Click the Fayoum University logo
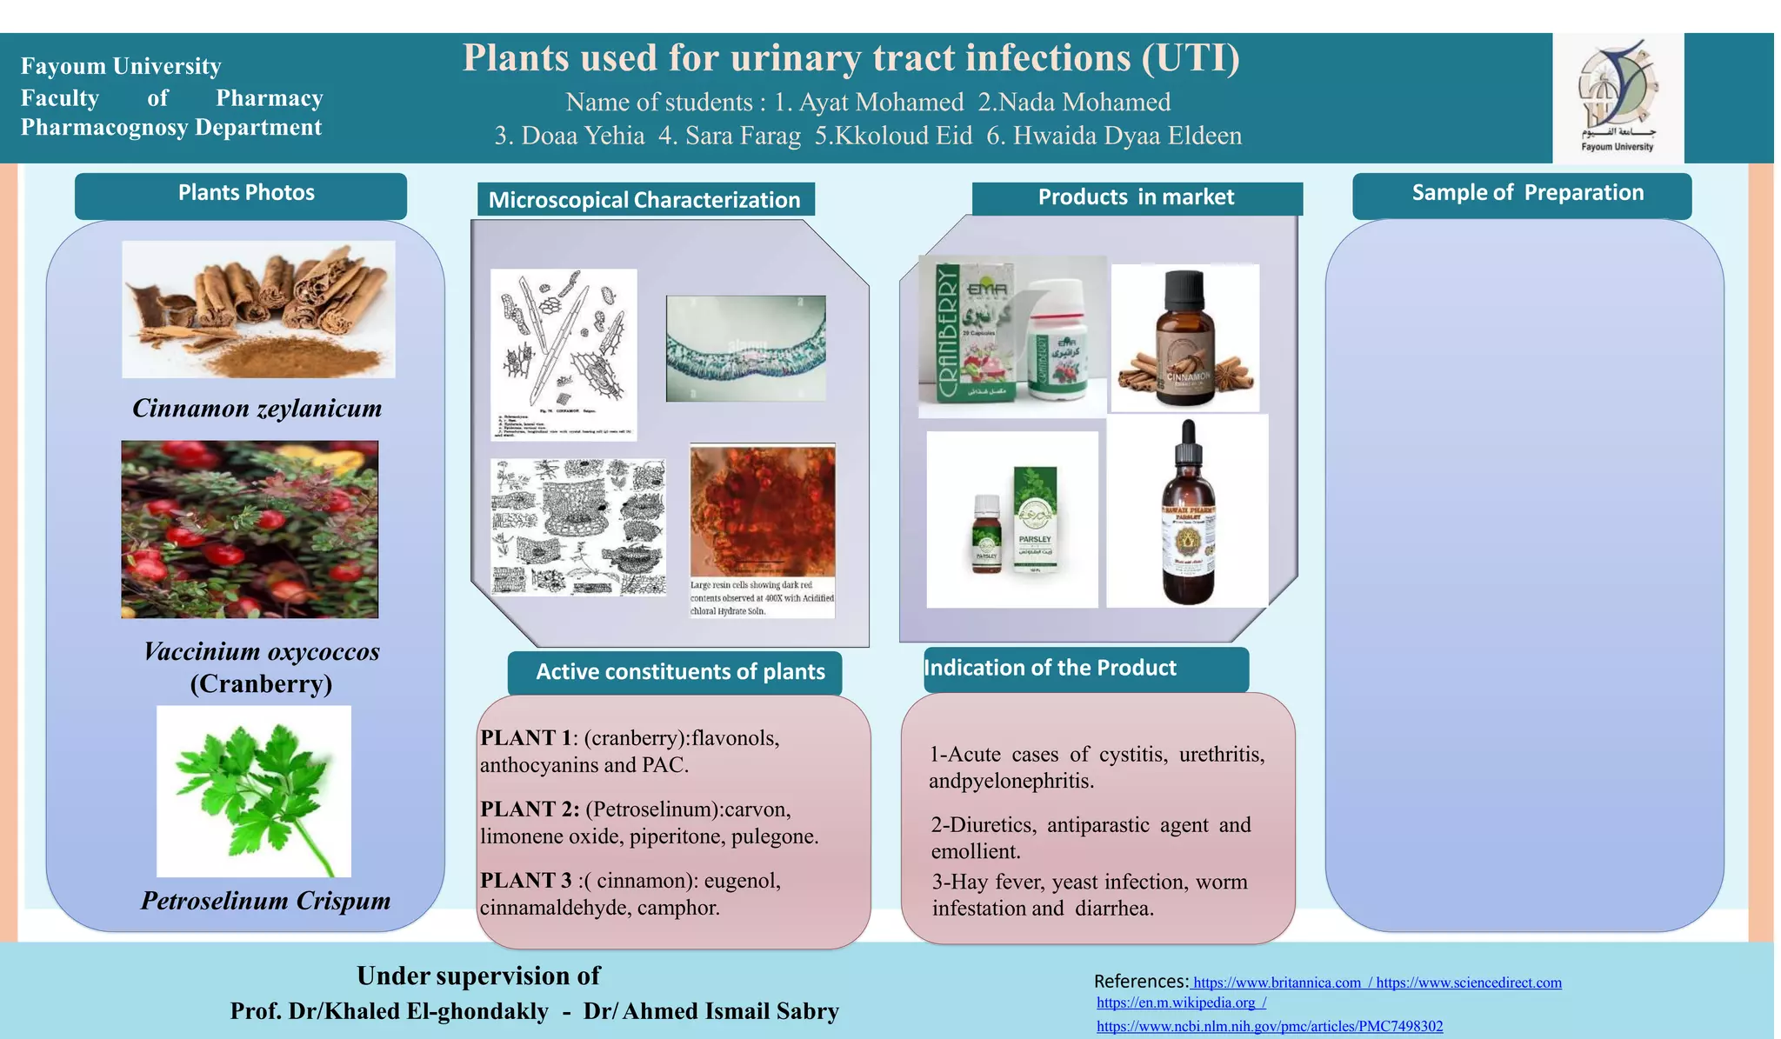(1618, 97)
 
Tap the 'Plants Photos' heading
(246, 193)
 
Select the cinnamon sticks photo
(258, 309)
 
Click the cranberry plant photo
(250, 529)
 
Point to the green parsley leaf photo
(253, 790)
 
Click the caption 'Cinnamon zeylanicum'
(257, 408)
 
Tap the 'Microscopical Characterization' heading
(644, 200)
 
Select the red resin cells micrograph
(762, 510)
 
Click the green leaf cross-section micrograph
(745, 349)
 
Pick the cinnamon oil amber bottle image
(1184, 338)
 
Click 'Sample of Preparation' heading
(1527, 193)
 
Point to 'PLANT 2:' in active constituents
(529, 809)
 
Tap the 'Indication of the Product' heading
(1050, 668)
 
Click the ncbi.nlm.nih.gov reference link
(1269, 1027)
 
